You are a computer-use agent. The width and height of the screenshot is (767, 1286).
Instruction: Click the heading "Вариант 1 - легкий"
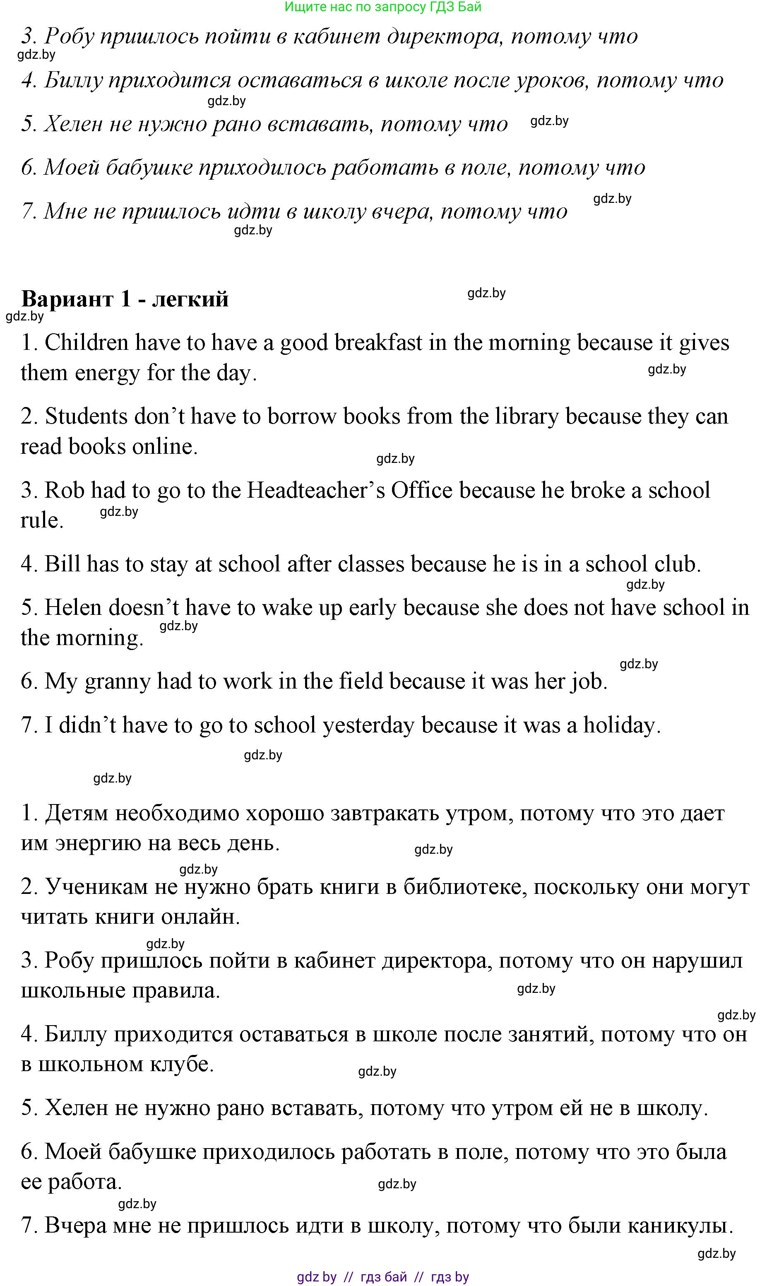click(x=125, y=299)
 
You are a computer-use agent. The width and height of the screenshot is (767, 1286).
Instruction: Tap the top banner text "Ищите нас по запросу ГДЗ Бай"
click(x=383, y=7)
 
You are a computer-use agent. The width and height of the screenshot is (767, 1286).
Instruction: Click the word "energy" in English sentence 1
click(x=107, y=373)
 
